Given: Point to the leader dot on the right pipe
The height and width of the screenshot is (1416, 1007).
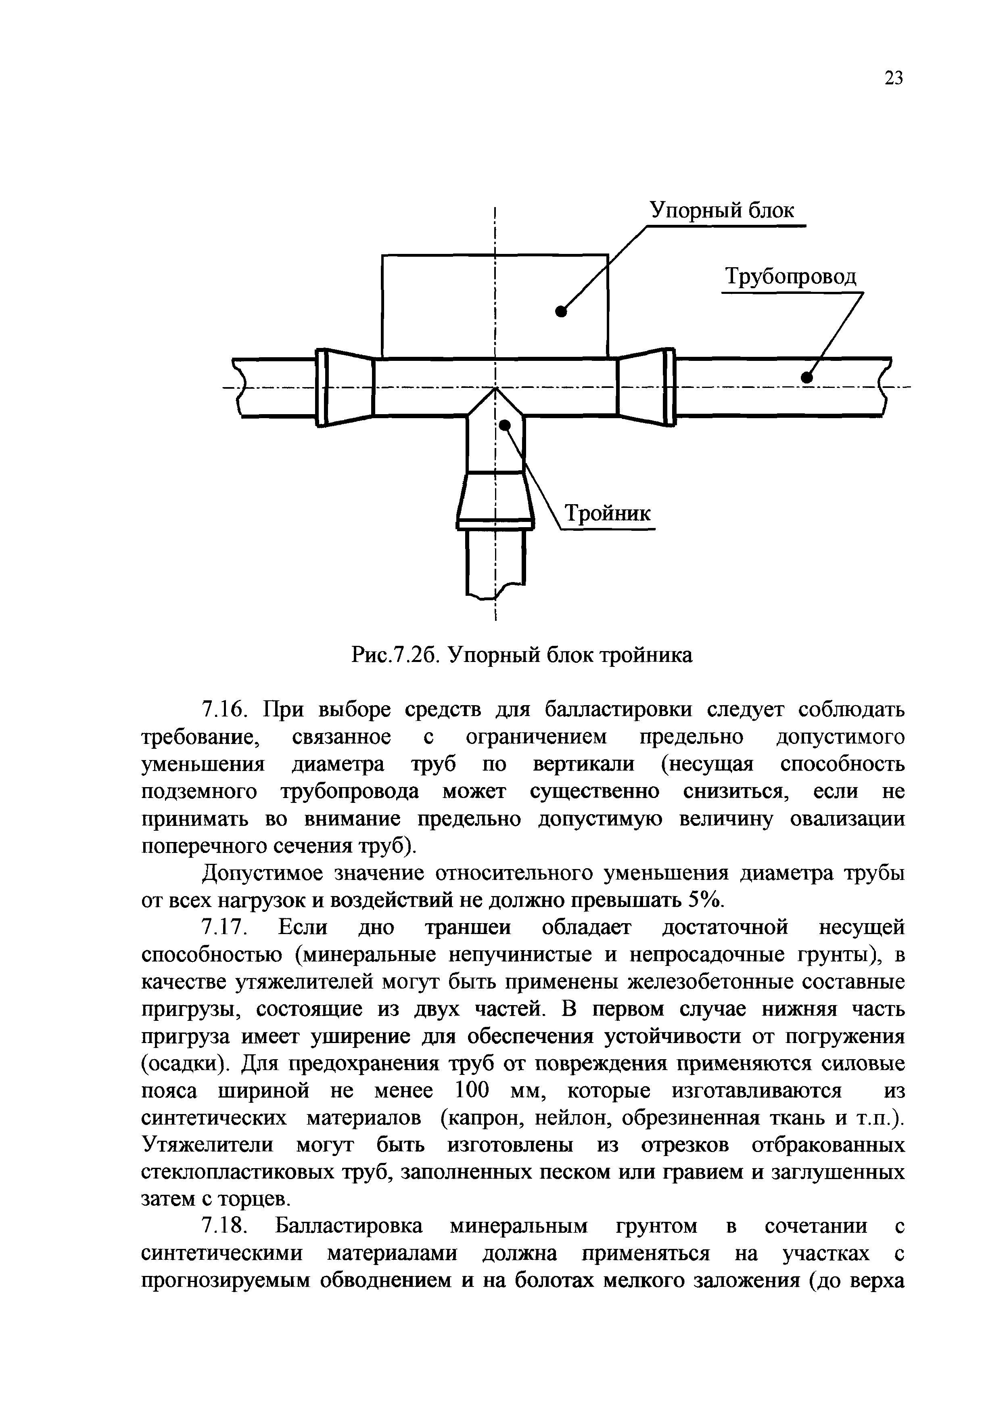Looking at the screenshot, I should click(x=807, y=377).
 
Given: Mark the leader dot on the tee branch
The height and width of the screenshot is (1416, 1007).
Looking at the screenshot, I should click(x=505, y=425).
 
